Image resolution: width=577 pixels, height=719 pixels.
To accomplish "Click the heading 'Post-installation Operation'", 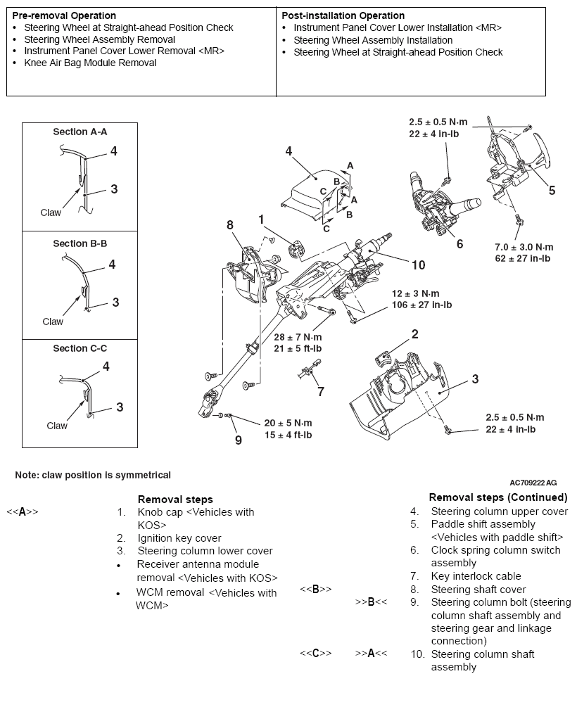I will (x=343, y=15).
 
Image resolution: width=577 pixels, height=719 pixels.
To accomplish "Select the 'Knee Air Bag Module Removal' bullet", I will (x=90, y=63).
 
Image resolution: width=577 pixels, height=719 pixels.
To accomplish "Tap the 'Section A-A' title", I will (x=80, y=132).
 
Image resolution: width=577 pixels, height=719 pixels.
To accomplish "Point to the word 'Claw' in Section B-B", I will (x=53, y=322).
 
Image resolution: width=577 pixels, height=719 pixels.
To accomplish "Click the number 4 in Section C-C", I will (x=106, y=367).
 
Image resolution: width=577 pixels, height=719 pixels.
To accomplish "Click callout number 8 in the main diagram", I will (x=229, y=225).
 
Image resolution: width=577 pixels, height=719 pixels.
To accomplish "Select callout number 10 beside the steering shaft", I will (x=418, y=265).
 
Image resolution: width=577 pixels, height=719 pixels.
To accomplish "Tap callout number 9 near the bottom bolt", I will (x=239, y=440).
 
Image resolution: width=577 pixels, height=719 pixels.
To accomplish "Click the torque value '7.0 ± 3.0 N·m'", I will (x=524, y=247).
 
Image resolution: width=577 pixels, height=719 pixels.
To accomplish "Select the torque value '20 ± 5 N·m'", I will (x=288, y=423).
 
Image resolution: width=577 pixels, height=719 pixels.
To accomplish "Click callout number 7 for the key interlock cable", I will (x=320, y=390).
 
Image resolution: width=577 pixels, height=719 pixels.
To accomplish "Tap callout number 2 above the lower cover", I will (x=415, y=333).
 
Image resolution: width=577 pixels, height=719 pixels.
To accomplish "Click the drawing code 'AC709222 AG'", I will (x=533, y=483).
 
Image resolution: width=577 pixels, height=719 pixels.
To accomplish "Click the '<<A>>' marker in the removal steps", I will (x=22, y=512).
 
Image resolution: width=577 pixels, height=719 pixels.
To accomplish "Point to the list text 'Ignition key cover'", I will (x=179, y=538).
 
